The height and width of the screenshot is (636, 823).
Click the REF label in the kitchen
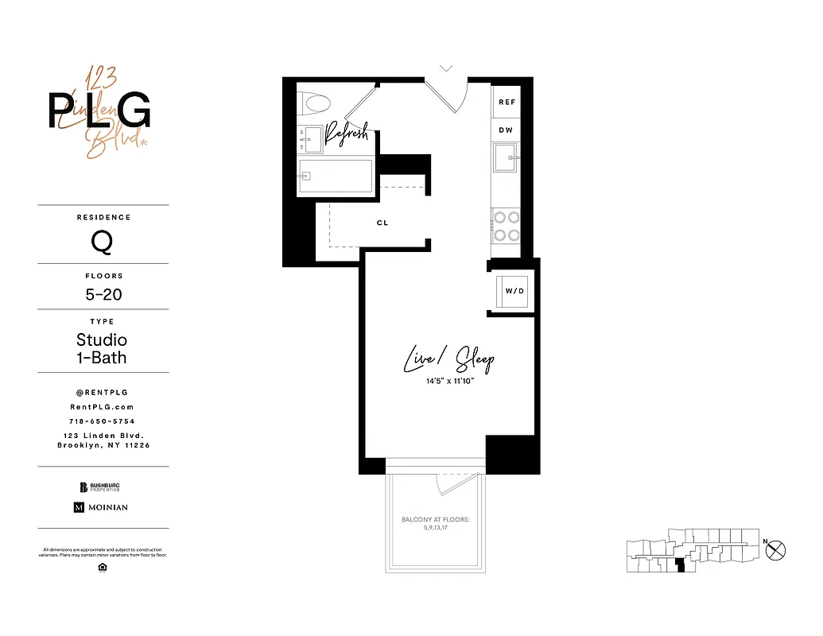[x=507, y=103]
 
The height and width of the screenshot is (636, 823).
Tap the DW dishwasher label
[x=507, y=130]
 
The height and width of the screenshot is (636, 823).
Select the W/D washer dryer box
[x=514, y=292]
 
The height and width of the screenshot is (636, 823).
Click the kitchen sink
[x=506, y=157]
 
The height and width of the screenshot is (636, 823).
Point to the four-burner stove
[x=506, y=224]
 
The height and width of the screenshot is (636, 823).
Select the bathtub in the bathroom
[x=335, y=176]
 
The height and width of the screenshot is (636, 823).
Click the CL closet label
[x=382, y=223]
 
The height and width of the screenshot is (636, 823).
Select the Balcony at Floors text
[x=436, y=524]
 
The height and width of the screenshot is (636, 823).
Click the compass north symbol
[x=777, y=549]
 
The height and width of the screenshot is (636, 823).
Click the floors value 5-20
[x=103, y=295]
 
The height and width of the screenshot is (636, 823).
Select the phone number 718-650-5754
[x=103, y=421]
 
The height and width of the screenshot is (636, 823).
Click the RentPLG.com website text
[x=103, y=406]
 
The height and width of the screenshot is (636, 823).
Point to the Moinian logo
[x=101, y=507]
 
